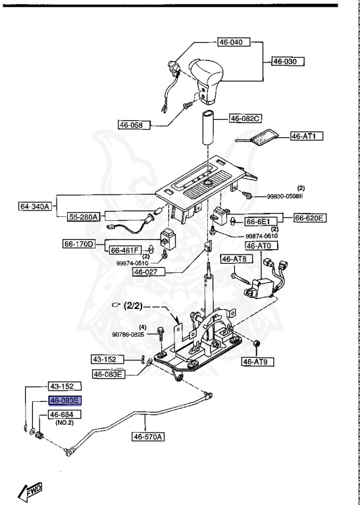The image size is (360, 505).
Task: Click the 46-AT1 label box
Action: (x=306, y=137)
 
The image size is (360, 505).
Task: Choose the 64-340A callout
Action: (x=36, y=206)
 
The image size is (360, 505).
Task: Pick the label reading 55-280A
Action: (x=82, y=216)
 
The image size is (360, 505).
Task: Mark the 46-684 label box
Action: (x=63, y=414)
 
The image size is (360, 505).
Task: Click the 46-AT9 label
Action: (x=257, y=361)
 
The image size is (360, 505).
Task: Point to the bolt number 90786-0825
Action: (x=136, y=335)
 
